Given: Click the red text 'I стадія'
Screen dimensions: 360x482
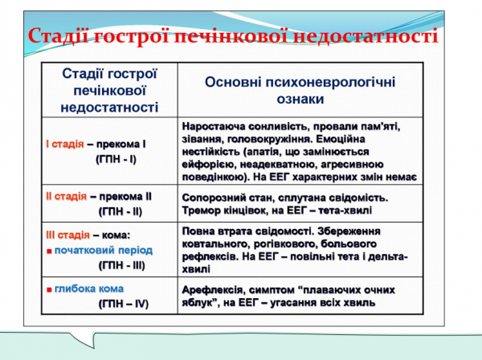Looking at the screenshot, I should pos(65,144).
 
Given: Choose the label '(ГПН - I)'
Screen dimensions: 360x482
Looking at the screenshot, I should pos(116,159).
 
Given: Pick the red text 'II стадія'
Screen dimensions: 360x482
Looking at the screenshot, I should pos(67,196).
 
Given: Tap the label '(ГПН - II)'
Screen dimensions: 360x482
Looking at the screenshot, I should pos(120,211).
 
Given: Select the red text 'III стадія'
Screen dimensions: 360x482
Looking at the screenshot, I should pos(68,235).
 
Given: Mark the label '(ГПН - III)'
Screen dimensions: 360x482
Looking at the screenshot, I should pos(120,264).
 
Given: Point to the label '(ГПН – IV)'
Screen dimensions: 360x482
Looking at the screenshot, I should pos(123,304).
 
